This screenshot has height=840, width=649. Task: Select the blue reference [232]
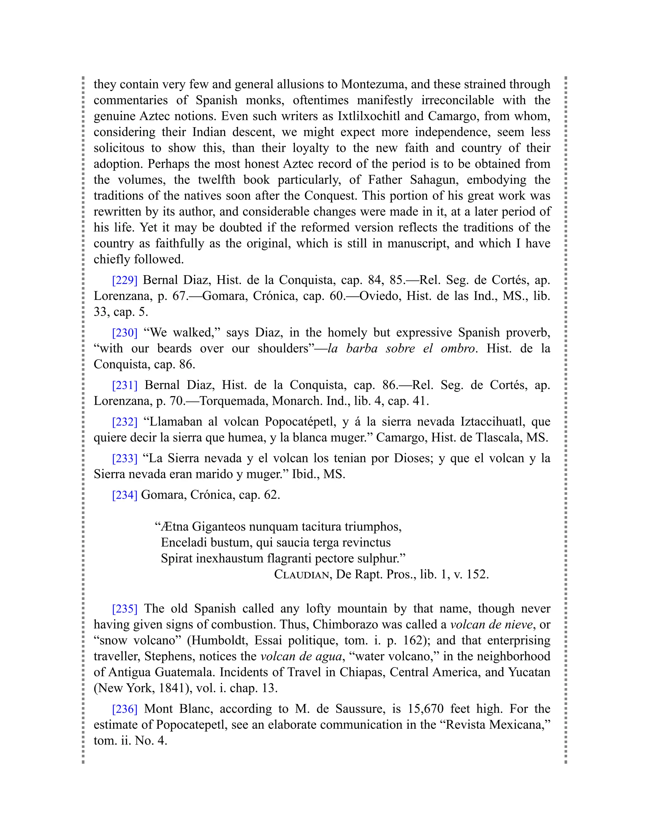coord(125,422)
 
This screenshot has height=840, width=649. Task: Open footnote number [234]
coord(125,495)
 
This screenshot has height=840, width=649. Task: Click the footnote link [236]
coord(125,709)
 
